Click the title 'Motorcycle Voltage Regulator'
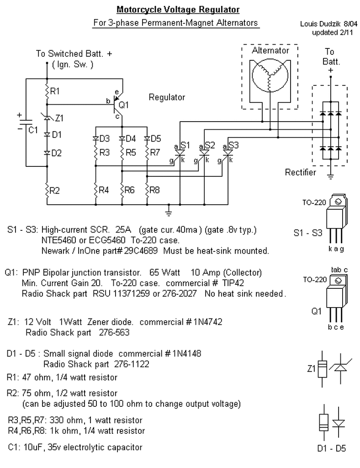click(178, 9)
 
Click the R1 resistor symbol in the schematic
click(46, 91)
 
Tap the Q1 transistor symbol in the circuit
click(116, 105)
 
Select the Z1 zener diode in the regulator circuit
click(46, 118)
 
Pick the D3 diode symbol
click(96, 138)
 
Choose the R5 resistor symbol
click(122, 152)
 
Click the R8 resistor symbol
click(148, 189)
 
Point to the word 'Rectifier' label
click(300, 172)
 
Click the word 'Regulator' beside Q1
click(167, 97)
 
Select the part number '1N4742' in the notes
click(207, 322)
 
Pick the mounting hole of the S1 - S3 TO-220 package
click(338, 202)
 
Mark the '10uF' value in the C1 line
click(32, 447)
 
